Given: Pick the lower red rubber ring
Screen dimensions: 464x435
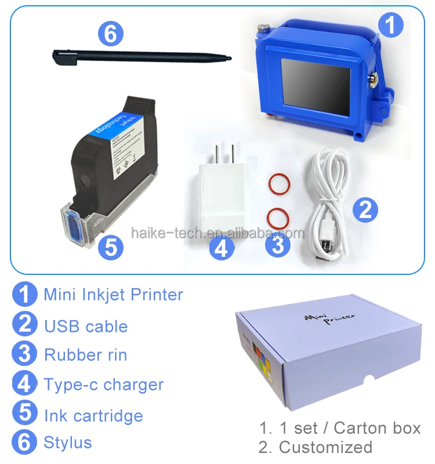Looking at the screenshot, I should click(278, 219).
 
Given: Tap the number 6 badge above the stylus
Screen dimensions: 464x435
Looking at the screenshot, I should click(110, 34).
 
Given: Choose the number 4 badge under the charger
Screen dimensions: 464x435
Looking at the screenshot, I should click(222, 248).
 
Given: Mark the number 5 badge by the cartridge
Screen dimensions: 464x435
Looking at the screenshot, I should click(111, 248).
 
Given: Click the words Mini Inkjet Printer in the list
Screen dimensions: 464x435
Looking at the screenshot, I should click(113, 295).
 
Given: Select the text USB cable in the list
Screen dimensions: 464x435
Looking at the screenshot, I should click(86, 326).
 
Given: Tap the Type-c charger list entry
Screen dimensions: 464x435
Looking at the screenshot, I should click(104, 385).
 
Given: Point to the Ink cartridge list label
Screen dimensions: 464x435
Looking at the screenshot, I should click(93, 415).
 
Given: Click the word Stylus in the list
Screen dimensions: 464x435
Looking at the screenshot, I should click(68, 443).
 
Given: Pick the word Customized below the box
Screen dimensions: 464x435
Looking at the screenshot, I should click(325, 447).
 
